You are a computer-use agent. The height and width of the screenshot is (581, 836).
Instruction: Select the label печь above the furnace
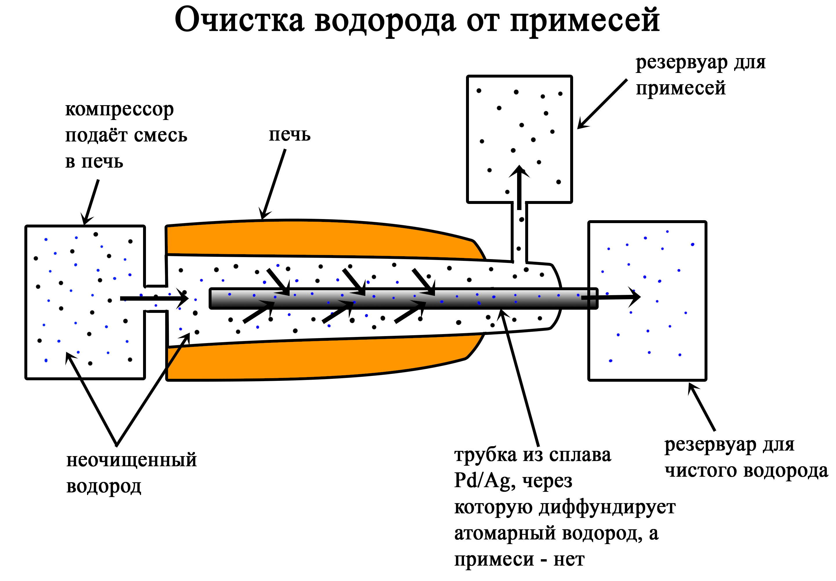290,135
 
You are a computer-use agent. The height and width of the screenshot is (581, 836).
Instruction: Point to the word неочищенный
131,460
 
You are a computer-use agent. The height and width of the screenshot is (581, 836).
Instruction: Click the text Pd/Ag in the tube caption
482,481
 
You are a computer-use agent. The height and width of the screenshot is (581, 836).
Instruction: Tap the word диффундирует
607,507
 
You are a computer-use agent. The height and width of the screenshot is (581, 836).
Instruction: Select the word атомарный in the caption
505,533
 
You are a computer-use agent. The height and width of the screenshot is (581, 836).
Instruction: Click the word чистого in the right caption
701,470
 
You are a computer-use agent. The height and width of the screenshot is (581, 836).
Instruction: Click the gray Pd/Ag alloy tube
400,299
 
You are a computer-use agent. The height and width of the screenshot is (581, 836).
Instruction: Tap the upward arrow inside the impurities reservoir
519,187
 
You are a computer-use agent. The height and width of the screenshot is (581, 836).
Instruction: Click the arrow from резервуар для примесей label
602,104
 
